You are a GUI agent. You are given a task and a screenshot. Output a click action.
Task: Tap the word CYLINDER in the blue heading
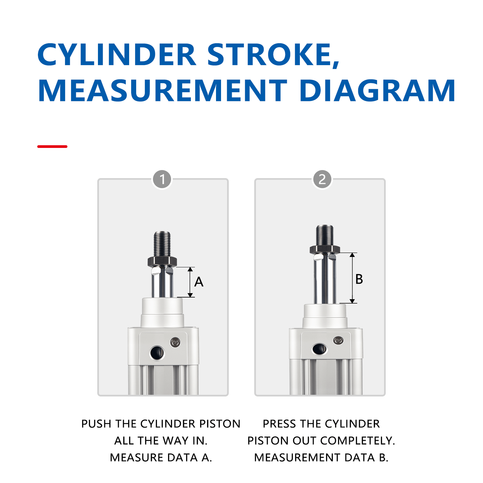116,54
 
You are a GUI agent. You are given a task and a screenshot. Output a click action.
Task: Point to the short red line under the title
52,147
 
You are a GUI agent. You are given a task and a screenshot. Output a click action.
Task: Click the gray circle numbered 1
162,179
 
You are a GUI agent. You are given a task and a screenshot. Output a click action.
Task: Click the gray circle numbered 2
322,179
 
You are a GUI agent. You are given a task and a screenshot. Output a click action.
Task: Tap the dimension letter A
199,282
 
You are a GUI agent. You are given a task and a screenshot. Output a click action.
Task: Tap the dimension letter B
359,279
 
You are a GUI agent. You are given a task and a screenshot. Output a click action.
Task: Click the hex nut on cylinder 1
162,261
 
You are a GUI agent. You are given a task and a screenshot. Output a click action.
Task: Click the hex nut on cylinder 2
325,249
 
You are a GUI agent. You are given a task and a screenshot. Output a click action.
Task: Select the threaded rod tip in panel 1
162,243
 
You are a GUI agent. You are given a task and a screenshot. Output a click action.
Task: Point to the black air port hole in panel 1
157,353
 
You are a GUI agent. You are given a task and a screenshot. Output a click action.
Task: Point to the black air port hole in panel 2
319,349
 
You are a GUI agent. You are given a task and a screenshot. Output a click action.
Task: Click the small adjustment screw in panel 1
175,342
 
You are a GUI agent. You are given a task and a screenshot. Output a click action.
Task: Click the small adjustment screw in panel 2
338,340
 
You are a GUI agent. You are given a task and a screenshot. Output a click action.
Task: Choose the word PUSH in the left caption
96,424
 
